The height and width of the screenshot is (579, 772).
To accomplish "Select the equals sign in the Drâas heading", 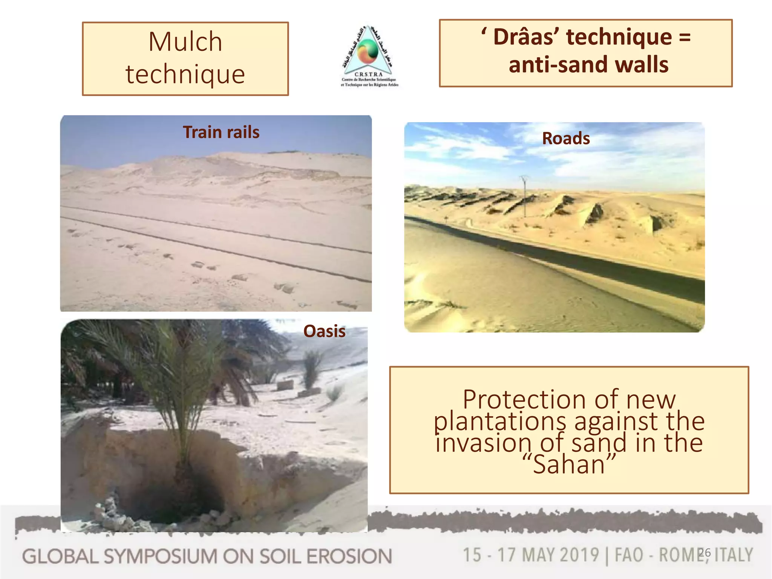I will click(685, 37).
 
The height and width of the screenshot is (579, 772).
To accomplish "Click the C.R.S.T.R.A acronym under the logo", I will click(368, 74).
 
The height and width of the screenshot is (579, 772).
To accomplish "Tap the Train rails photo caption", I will click(221, 132).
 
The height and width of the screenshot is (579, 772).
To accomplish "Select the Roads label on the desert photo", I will click(566, 138).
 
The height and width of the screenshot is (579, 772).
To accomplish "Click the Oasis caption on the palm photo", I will click(324, 331).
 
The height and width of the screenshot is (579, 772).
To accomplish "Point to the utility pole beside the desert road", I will click(524, 196).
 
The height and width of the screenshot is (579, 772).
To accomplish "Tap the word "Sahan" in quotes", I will click(569, 464).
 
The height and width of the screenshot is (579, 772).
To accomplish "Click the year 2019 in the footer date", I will click(579, 555).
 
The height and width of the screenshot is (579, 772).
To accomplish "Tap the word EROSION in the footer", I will click(349, 557).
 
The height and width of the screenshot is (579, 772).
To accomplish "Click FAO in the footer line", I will click(629, 555).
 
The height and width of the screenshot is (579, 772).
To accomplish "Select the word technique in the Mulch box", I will click(185, 74).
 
